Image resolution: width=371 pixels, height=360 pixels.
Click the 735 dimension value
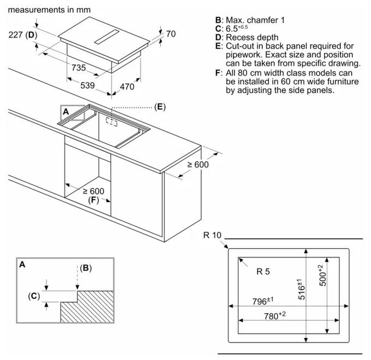click(x=79, y=68)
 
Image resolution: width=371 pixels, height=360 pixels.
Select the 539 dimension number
click(x=87, y=86)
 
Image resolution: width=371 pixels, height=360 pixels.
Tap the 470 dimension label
click(x=127, y=87)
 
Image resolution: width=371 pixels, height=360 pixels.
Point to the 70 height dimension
click(x=171, y=34)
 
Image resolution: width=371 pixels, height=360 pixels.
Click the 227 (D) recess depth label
click(x=23, y=35)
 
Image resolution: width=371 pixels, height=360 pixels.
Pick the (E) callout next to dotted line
click(x=160, y=107)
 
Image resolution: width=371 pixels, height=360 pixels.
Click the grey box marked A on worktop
click(x=73, y=112)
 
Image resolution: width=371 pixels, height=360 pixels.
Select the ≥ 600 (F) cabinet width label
click(x=94, y=195)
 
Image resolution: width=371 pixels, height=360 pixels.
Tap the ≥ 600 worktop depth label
click(x=198, y=165)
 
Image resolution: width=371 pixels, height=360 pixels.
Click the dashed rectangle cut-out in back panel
click(x=111, y=122)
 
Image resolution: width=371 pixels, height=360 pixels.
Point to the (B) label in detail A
click(x=86, y=268)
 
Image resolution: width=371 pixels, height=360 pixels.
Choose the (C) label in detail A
click(x=34, y=296)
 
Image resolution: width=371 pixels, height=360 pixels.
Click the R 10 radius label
click(x=212, y=235)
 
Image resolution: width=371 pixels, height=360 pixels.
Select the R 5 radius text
click(x=263, y=271)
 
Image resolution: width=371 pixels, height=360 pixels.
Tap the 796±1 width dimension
click(x=263, y=301)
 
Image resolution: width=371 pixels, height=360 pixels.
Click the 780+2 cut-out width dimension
click(x=274, y=315)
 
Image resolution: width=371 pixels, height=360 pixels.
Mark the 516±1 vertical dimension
click(x=301, y=289)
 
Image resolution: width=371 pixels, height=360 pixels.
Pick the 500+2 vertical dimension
click(x=322, y=275)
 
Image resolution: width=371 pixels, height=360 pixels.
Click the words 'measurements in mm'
click(x=49, y=10)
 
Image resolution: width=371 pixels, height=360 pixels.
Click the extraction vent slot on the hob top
click(x=107, y=37)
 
